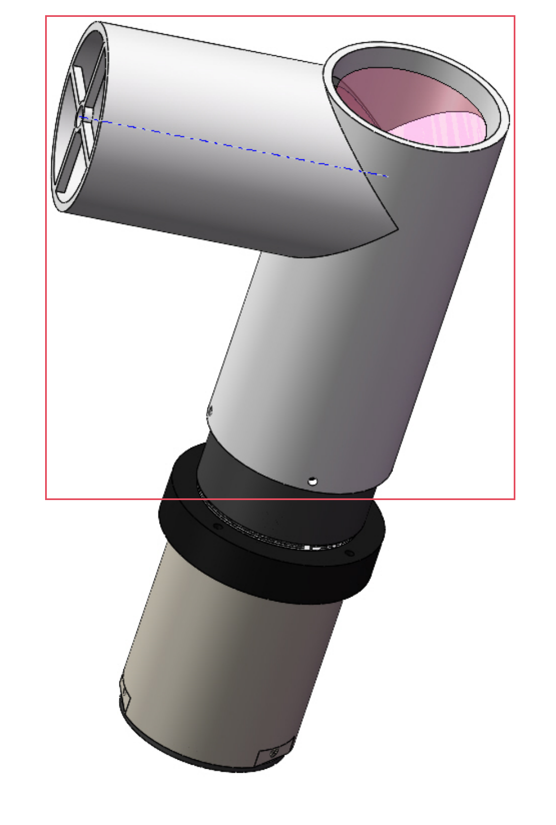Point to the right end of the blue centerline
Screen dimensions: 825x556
[387, 176]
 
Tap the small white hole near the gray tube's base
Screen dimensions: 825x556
[312, 481]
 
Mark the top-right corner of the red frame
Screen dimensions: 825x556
[514, 16]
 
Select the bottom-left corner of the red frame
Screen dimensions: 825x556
[46, 498]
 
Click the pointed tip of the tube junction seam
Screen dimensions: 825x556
[398, 229]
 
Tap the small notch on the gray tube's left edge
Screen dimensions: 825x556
[210, 410]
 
